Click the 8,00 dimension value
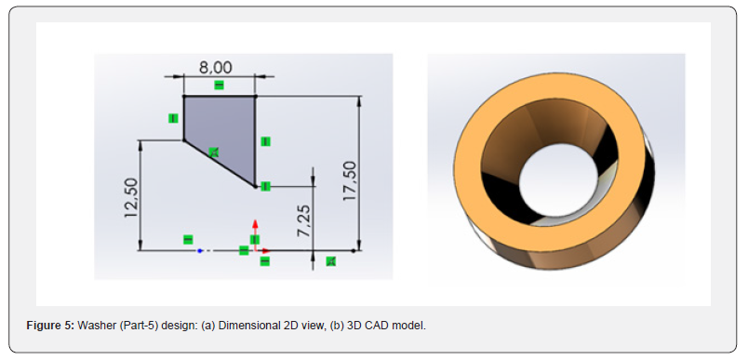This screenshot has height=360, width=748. point(216,67)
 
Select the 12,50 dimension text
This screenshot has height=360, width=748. point(131,198)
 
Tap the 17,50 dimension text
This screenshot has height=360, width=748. point(350,180)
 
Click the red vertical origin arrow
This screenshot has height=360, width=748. point(255,233)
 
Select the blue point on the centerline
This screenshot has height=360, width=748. point(200,250)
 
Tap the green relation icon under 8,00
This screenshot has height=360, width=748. point(219,86)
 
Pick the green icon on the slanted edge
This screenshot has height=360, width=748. point(214,153)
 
